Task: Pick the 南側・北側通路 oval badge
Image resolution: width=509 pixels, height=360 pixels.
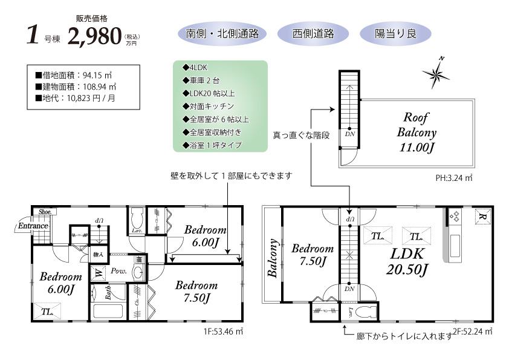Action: [222, 34]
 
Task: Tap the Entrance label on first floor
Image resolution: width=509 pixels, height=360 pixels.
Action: [33, 226]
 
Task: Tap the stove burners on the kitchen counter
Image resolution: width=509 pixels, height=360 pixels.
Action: [455, 216]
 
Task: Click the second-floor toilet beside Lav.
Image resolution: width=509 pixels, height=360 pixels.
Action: [365, 313]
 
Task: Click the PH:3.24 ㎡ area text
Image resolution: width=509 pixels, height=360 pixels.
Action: [453, 178]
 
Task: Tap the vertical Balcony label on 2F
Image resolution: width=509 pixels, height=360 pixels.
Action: [273, 258]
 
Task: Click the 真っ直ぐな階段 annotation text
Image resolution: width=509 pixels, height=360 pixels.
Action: [300, 135]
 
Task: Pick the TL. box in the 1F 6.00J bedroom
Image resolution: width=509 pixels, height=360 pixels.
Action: [47, 312]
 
